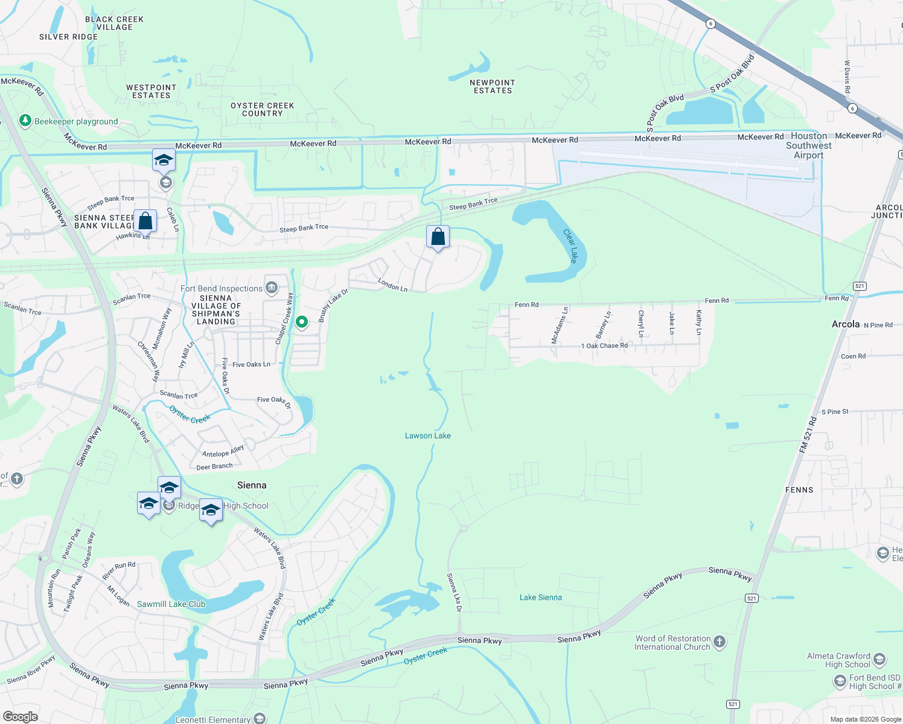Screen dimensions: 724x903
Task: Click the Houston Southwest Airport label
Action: [809, 145]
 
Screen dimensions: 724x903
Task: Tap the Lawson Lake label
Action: [427, 436]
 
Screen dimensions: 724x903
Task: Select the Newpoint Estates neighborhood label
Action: [493, 86]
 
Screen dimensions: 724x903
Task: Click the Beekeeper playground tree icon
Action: [25, 121]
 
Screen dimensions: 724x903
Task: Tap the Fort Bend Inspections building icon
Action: [272, 288]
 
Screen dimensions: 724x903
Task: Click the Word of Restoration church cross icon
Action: [720, 642]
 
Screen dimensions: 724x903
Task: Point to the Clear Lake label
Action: [570, 246]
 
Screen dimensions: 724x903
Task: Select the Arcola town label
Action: [846, 324]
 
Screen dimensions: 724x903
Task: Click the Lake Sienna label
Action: [540, 597]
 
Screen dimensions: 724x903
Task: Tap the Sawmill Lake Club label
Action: [171, 604]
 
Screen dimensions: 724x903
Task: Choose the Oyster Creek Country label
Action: [263, 109]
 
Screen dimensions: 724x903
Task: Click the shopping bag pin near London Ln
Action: [438, 237]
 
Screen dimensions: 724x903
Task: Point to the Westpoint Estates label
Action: [151, 91]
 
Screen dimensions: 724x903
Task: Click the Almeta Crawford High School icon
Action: [879, 659]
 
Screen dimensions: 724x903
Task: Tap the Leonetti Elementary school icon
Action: [260, 718]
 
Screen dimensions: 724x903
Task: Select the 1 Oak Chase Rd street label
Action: [604, 346]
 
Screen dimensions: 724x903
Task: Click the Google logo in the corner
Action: [20, 717]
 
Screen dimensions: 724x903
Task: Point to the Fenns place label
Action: [799, 490]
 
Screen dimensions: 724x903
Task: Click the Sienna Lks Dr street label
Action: [454, 592]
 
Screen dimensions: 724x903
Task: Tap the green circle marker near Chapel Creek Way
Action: [301, 322]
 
